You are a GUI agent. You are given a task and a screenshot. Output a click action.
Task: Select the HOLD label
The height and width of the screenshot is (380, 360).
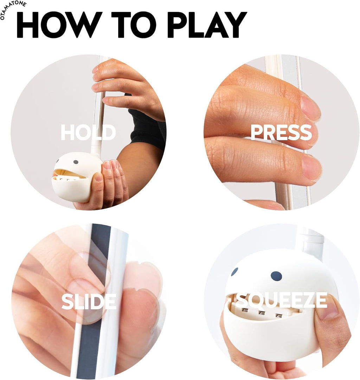[x=88, y=132]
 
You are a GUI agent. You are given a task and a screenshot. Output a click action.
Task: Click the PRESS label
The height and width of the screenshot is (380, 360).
[x=281, y=132]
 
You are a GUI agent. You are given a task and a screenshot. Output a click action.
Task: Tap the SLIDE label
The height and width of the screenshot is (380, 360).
[x=89, y=301]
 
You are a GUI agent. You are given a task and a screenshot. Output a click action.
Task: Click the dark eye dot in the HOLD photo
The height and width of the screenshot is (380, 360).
[x=76, y=162]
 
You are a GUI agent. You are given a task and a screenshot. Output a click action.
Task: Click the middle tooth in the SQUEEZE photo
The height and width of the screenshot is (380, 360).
[x=261, y=313]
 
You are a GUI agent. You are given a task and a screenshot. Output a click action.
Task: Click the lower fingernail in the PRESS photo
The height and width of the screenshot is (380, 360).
[x=312, y=168]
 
